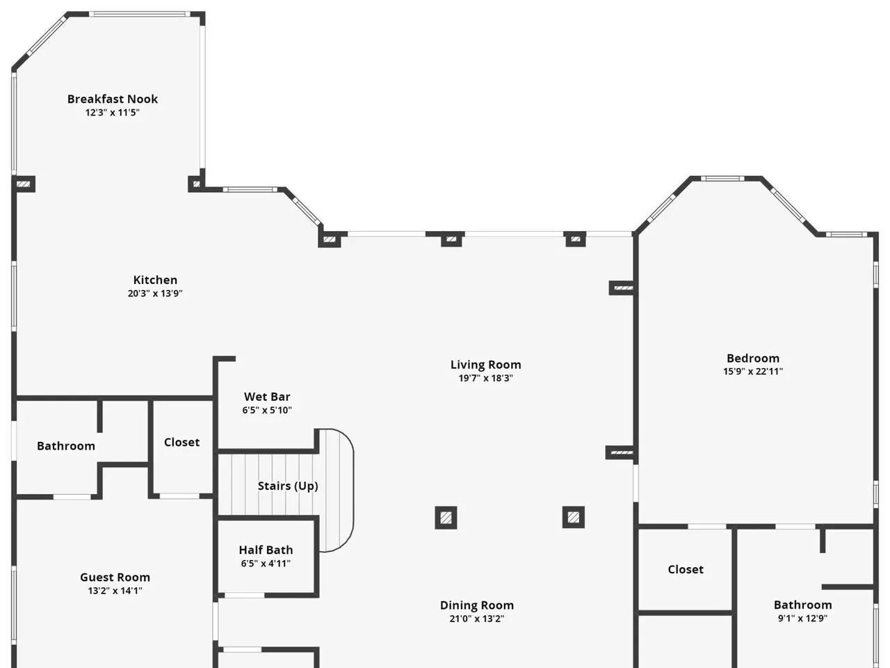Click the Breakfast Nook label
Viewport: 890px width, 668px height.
click(x=113, y=99)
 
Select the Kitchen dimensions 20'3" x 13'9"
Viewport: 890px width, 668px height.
click(x=155, y=293)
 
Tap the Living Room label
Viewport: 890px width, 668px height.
click(x=486, y=365)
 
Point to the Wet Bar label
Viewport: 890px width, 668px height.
click(x=267, y=397)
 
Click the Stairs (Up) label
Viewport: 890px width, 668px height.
click(x=288, y=486)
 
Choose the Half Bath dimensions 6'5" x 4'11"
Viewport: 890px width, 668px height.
click(x=266, y=564)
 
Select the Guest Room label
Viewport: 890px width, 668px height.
click(x=115, y=577)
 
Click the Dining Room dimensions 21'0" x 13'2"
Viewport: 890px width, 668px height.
click(x=477, y=619)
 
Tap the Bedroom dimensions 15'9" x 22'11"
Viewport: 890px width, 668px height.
click(x=753, y=371)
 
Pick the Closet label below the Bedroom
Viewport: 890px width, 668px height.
click(x=686, y=569)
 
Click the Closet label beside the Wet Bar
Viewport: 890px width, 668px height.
click(x=181, y=442)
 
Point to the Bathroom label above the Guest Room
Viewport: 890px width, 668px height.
click(x=66, y=446)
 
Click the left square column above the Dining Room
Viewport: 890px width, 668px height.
click(x=446, y=518)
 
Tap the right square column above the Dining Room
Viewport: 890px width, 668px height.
click(x=574, y=517)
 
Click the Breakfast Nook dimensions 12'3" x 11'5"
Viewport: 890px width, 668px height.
click(x=113, y=112)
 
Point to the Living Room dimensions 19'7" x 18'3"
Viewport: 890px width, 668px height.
click(x=486, y=378)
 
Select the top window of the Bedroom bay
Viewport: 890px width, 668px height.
click(x=722, y=178)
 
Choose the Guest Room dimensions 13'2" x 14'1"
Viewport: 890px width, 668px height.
click(x=115, y=591)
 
